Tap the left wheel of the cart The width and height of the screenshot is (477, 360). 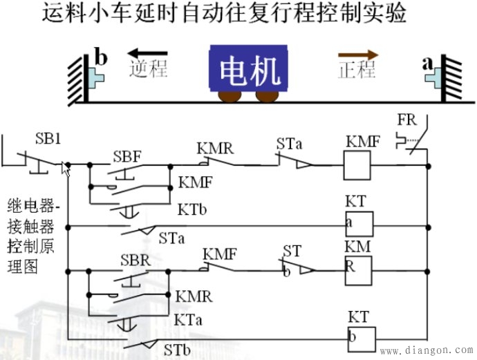tap(227, 96)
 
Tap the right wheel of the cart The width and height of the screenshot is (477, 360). tap(266, 96)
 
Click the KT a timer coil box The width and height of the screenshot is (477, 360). tap(359, 224)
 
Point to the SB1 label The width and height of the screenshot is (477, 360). tap(48, 138)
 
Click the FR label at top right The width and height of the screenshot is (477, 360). tap(406, 120)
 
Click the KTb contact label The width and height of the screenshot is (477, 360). tap(191, 207)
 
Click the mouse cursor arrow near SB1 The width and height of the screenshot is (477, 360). tap(66, 168)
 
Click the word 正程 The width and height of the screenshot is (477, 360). tap(357, 70)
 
